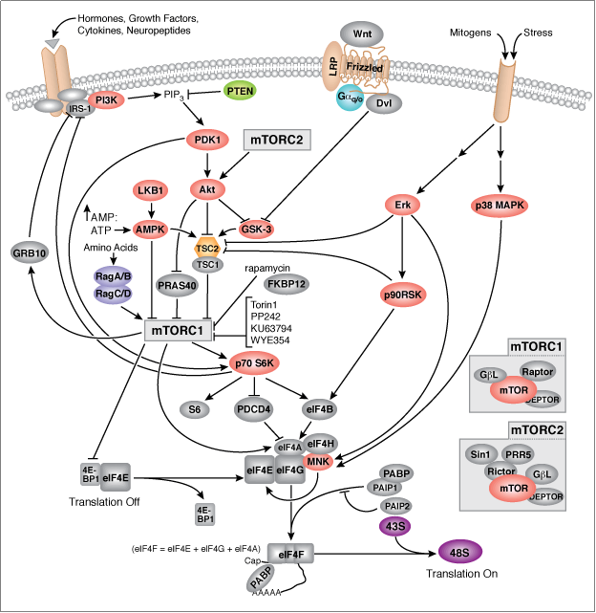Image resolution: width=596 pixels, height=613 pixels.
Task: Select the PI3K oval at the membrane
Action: [102, 99]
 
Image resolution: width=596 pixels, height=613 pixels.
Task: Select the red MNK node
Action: [316, 461]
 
